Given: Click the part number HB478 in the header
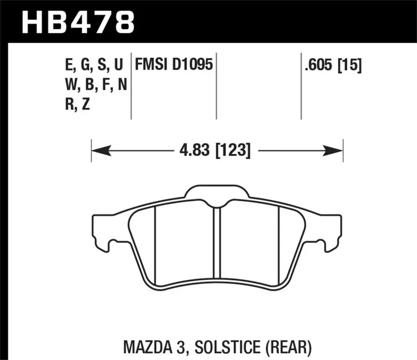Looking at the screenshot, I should tap(77, 21).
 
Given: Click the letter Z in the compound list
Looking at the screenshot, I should tap(85, 105).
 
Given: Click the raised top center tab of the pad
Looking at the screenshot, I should tap(217, 193).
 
